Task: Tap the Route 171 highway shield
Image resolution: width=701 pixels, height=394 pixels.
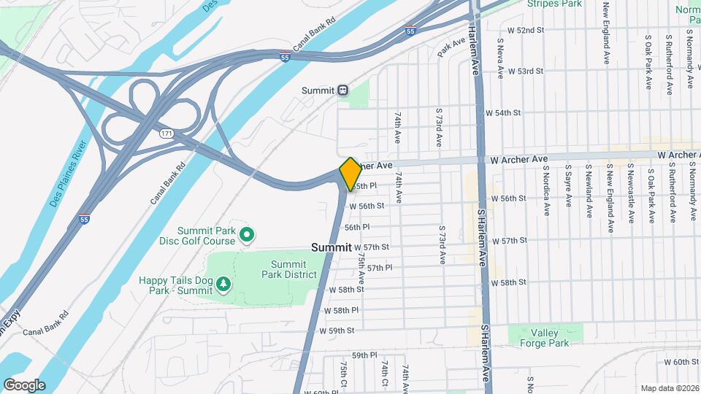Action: coord(168,134)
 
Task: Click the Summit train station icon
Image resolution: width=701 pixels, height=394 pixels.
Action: coord(342,90)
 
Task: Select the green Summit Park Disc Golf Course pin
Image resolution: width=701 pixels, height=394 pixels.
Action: coord(248,234)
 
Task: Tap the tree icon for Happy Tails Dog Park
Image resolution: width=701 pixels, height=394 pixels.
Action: coord(223,283)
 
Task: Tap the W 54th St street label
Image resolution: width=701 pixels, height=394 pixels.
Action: coord(503,113)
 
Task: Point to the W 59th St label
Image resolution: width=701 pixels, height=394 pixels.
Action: coord(337,331)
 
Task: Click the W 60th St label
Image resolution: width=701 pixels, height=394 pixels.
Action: coord(681,362)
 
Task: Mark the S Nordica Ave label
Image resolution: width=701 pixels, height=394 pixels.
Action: coord(546,190)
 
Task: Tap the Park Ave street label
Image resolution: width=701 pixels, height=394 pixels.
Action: coord(451,48)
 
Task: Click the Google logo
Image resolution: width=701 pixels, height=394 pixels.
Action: coord(24,385)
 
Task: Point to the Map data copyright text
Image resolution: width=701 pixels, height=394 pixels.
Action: coord(669,388)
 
